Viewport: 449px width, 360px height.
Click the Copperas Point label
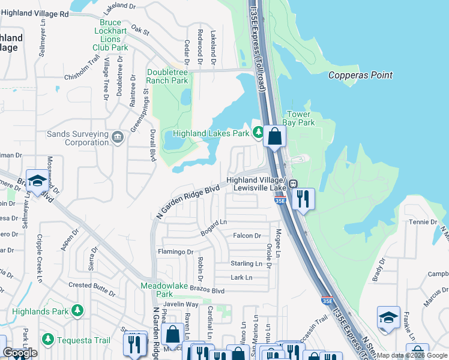pyautogui.click(x=360, y=76)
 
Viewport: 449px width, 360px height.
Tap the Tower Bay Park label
pyautogui.click(x=299, y=118)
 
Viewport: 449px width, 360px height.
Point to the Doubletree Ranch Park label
pyautogui.click(x=167, y=76)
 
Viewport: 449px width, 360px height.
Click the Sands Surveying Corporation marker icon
pyautogui.click(x=118, y=139)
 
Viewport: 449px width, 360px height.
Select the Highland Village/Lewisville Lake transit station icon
pyautogui.click(x=294, y=184)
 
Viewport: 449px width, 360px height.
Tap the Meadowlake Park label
pyautogui.click(x=164, y=290)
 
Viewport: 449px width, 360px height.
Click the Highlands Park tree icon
pyautogui.click(x=77, y=310)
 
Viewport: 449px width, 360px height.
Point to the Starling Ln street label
pyautogui.click(x=247, y=263)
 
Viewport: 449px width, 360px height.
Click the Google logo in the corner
pyautogui.click(x=20, y=353)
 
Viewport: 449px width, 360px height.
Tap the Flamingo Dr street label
pyautogui.click(x=175, y=253)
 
